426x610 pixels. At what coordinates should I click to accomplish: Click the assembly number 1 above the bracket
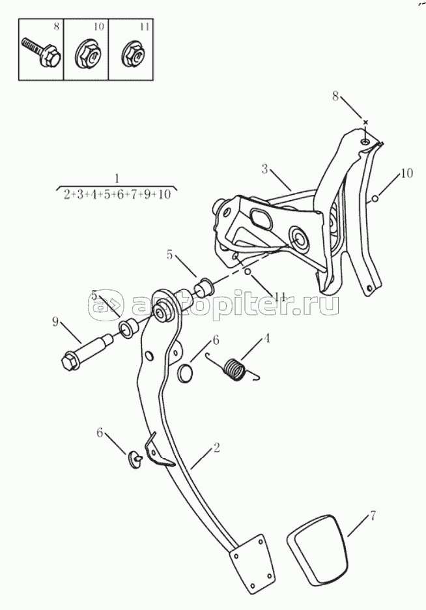116,178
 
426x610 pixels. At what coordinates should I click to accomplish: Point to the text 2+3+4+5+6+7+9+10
117,194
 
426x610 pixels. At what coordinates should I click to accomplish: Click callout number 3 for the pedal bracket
265,169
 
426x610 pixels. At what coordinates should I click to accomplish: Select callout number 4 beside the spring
266,339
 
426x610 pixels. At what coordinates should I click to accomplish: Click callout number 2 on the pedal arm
216,448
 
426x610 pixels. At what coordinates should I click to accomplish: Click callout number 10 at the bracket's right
406,173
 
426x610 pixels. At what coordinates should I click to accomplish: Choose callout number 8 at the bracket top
335,96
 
